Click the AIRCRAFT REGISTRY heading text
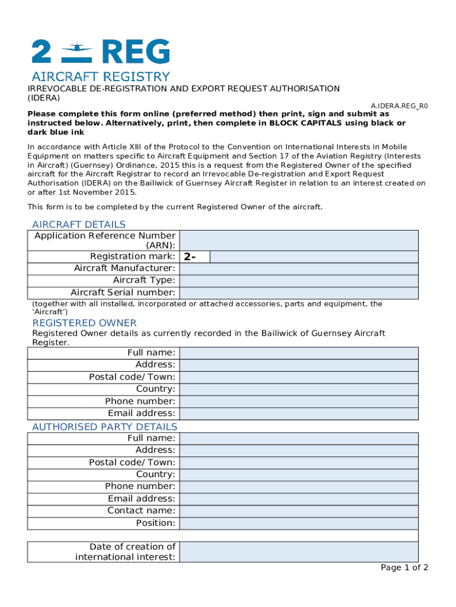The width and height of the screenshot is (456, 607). [101, 77]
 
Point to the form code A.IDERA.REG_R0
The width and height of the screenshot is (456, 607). [399, 106]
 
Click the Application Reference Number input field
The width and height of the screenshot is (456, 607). [298, 241]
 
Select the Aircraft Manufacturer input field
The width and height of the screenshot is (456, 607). [298, 269]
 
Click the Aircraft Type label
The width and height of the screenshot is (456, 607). [144, 280]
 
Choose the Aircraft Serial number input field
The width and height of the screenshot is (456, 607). [298, 293]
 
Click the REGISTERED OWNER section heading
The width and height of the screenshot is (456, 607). [84, 323]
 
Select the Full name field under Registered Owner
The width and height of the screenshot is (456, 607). [298, 353]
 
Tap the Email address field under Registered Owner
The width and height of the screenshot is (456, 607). [298, 414]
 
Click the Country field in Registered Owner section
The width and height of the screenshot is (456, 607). [298, 389]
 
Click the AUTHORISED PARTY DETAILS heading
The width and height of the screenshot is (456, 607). [104, 427]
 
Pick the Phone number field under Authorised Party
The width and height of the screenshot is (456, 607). [298, 487]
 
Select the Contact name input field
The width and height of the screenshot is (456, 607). [298, 511]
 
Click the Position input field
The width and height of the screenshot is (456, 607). [298, 523]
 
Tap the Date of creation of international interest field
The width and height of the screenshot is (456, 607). [298, 552]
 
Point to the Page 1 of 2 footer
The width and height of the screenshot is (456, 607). [404, 568]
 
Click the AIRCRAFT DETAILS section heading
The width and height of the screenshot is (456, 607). [79, 225]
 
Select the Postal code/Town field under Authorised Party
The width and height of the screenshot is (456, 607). [298, 462]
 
